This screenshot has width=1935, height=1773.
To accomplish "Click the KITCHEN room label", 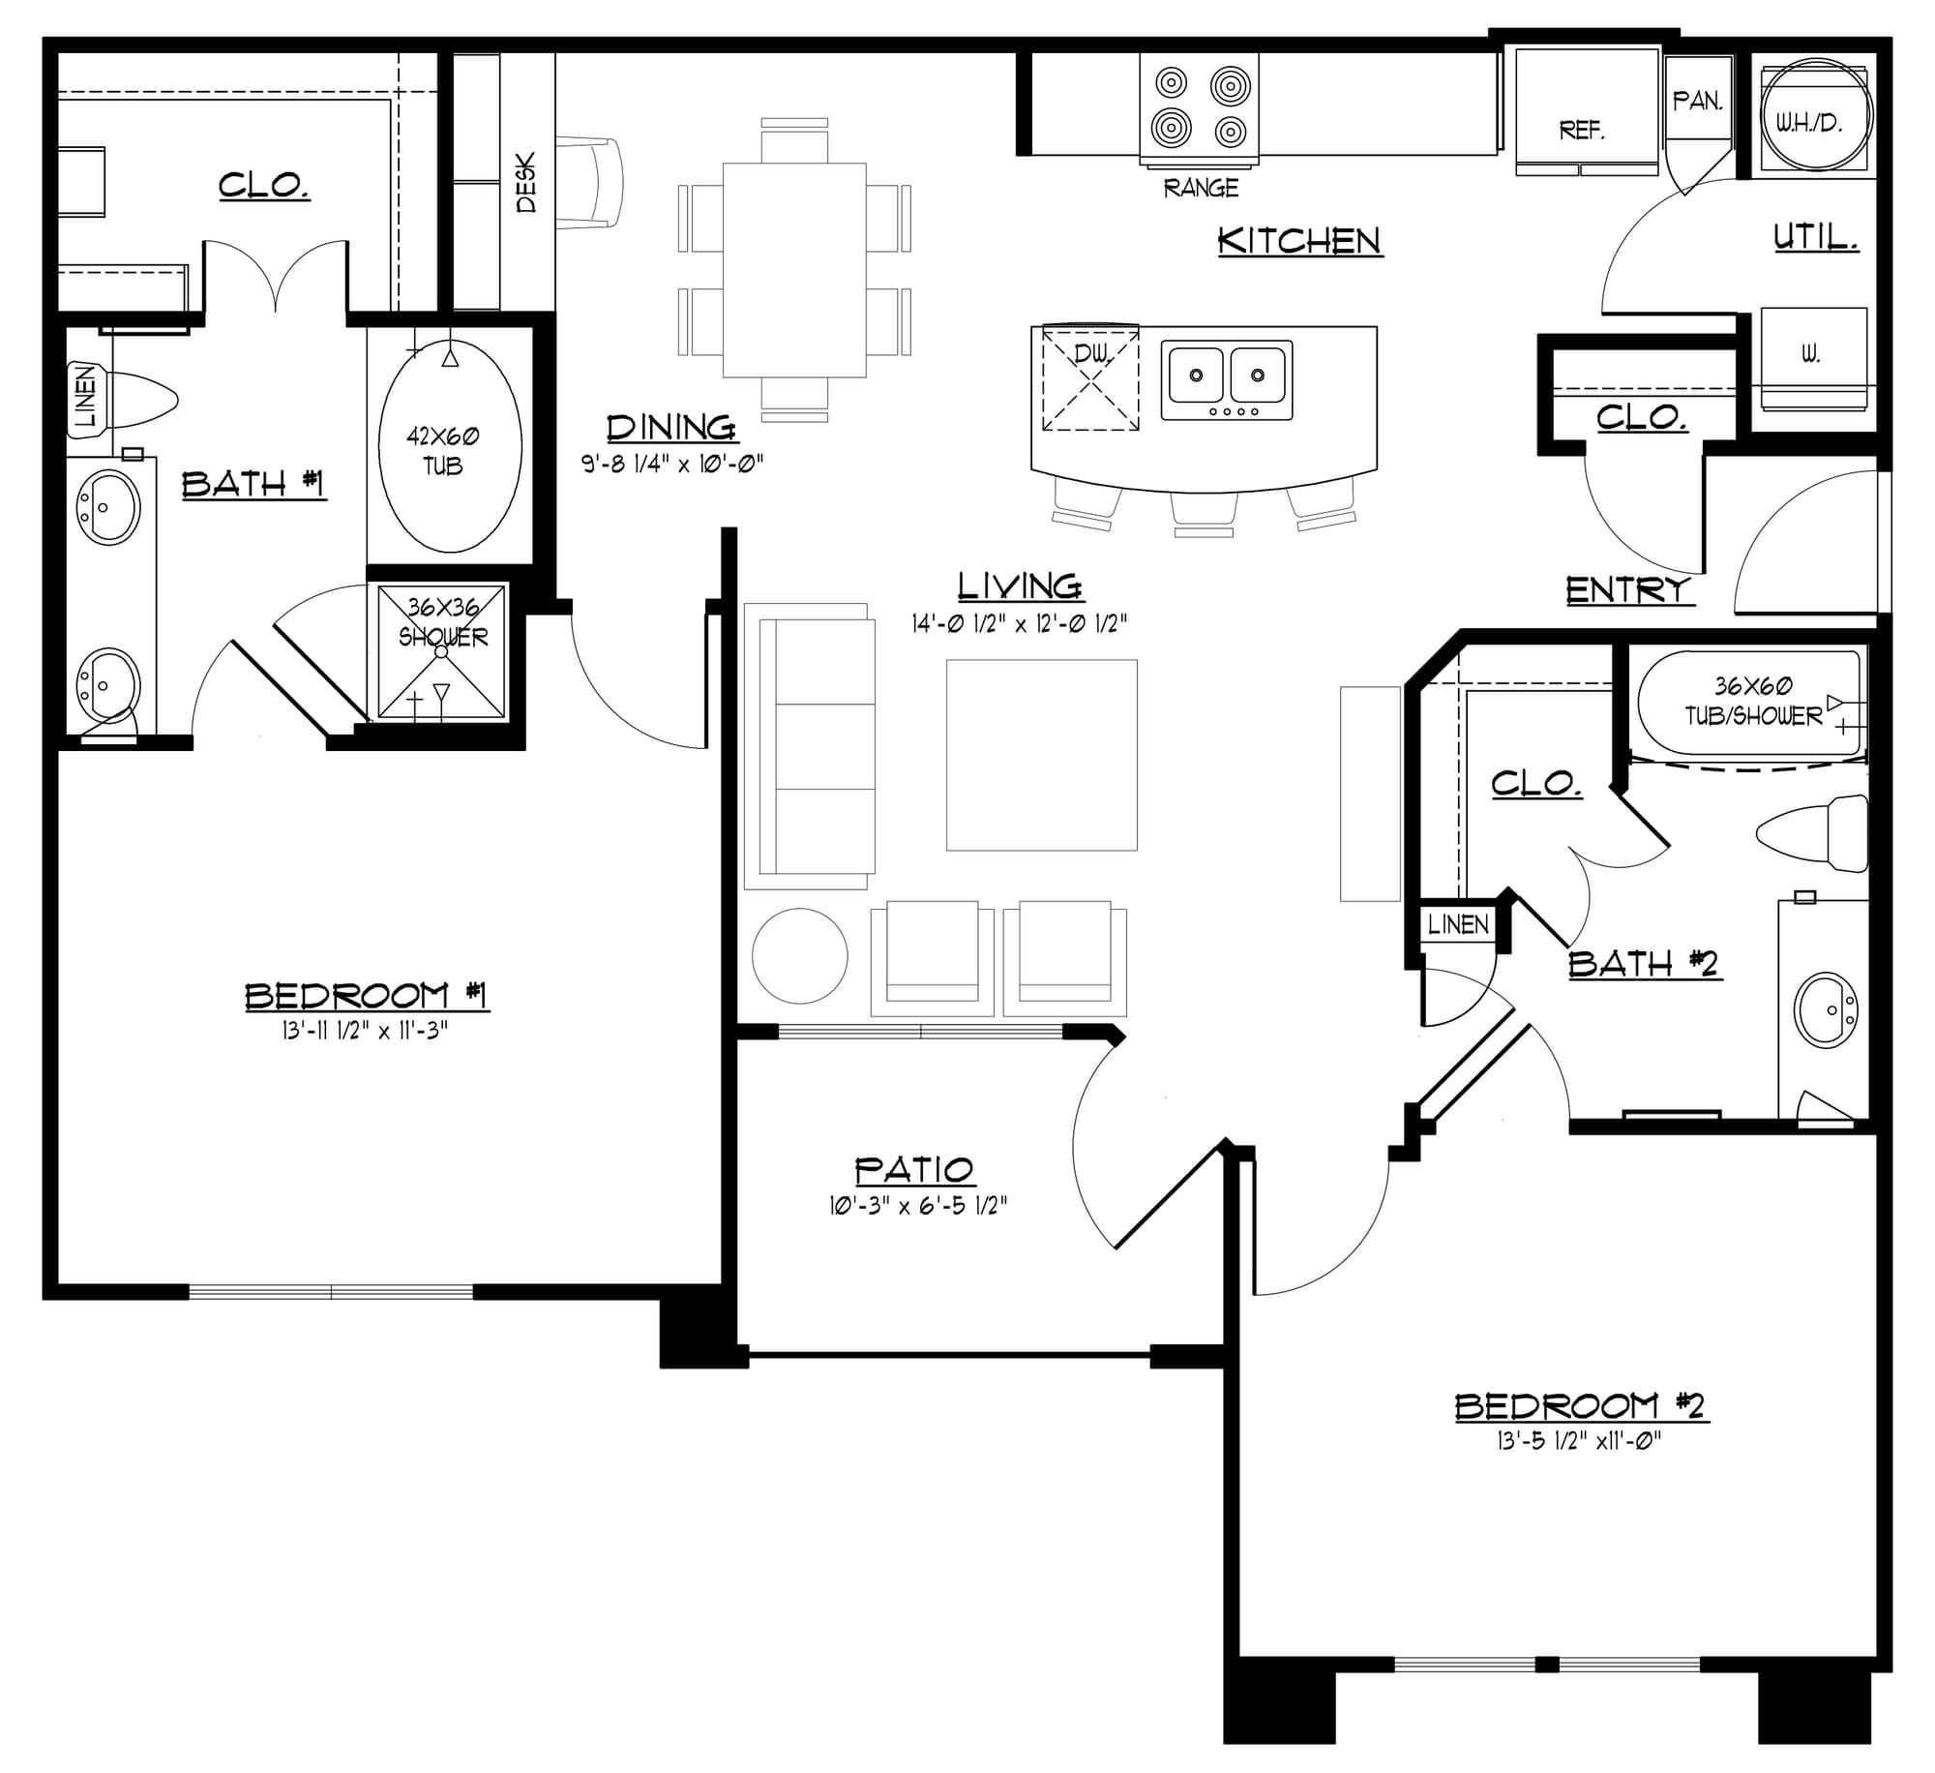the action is point(1299,241).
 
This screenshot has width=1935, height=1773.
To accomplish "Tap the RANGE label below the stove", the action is point(1201,188).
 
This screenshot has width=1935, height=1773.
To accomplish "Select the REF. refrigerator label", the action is point(1582,130).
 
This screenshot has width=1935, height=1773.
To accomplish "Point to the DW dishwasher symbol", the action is point(1090,378).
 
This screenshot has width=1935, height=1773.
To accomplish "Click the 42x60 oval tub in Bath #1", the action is point(450,445).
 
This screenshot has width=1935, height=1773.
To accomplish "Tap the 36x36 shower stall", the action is point(441,651).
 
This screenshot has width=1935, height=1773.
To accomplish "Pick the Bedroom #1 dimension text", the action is point(366,1032).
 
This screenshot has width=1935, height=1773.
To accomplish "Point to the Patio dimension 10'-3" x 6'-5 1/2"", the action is point(918,1206).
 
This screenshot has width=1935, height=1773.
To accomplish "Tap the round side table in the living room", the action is point(800,956).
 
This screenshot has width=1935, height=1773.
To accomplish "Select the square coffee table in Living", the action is point(1042,755).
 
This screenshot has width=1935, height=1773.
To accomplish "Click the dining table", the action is point(794,270).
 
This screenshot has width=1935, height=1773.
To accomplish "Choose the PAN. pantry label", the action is point(1698,101).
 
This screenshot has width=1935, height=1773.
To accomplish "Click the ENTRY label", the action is point(1629,589).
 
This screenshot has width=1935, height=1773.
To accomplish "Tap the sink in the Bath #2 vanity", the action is point(1826,1010).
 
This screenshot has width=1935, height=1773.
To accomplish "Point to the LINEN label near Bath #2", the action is point(1458,924).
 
